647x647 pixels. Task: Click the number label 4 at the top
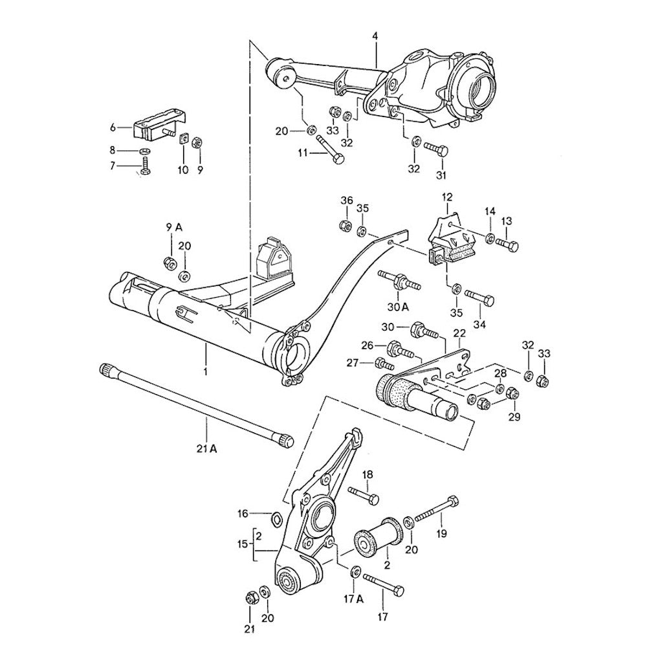click(375, 36)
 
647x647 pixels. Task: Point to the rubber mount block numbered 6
click(155, 127)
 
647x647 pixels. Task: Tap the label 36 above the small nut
click(347, 201)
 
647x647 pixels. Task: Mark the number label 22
click(459, 333)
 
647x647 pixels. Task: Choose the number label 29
click(513, 418)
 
